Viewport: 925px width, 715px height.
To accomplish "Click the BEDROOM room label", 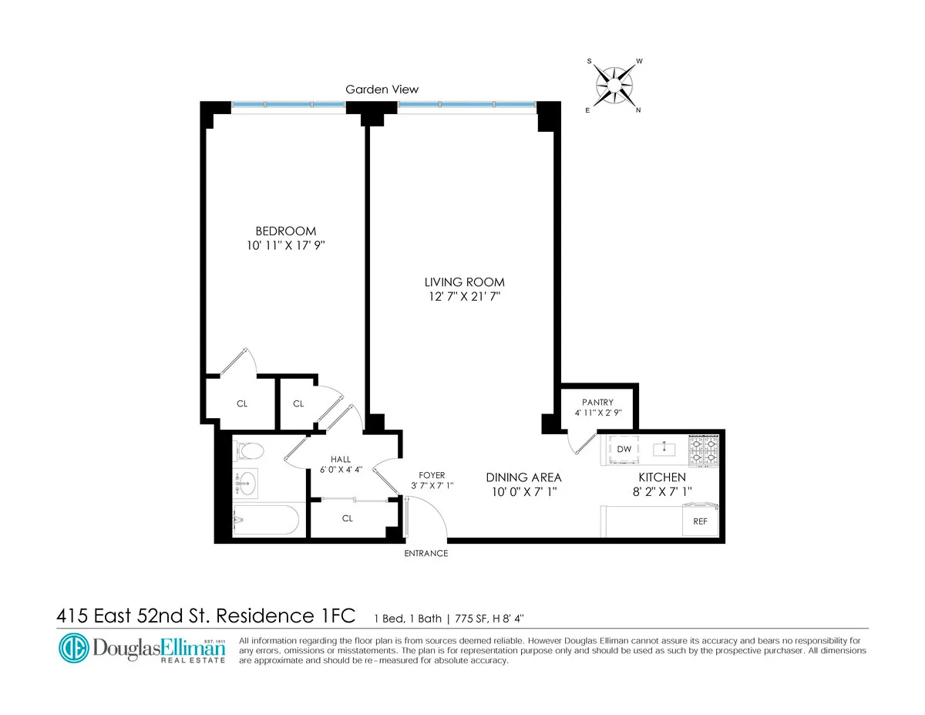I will tap(286, 231).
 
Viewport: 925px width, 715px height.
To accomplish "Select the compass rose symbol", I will tap(614, 83).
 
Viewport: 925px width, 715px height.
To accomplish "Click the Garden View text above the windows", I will tap(376, 89).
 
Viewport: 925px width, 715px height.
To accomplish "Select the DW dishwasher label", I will tap(624, 449).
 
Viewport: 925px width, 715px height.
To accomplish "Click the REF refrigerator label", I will tap(700, 521).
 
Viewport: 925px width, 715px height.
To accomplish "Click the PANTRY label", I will tap(598, 402).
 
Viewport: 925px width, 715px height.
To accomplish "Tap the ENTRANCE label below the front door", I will tap(426, 553).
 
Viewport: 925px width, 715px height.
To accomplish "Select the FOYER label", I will tap(432, 475).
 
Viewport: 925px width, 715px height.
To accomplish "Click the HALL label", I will tap(340, 457).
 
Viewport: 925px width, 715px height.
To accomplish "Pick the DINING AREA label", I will tap(523, 477).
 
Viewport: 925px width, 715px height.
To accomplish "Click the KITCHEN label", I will tap(661, 477).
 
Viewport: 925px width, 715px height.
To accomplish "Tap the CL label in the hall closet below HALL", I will tap(347, 518).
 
